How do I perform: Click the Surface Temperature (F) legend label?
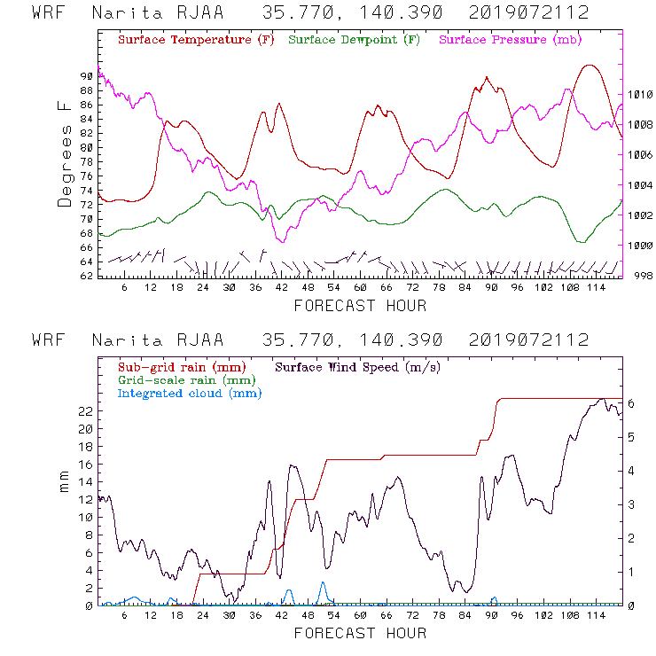tap(196, 41)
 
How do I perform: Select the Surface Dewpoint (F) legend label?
tap(355, 41)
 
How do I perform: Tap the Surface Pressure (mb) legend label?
tap(510, 41)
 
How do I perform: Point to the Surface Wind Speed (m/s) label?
tap(357, 366)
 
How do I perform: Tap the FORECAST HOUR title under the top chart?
tap(360, 306)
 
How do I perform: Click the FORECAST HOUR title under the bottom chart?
tap(360, 633)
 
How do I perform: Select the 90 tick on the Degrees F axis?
tap(85, 76)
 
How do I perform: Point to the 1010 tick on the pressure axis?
tap(641, 94)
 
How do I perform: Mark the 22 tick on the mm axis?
tap(85, 411)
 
